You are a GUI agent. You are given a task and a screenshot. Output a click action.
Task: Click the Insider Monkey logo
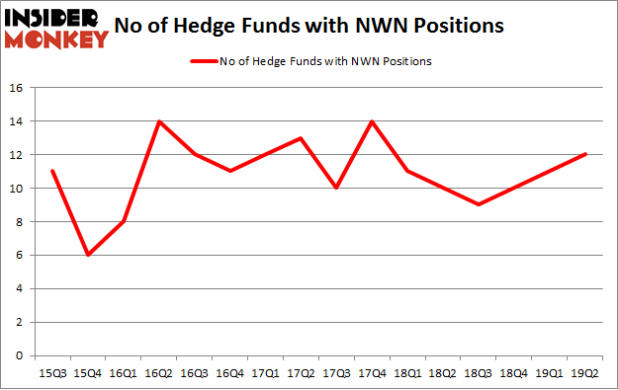57,27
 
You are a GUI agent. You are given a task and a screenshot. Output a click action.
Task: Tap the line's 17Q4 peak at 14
371,121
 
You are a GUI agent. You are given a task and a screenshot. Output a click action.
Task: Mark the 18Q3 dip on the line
479,204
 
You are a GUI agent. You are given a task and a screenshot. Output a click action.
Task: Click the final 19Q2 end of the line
585,154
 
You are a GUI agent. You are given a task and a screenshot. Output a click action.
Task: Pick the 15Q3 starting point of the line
52,171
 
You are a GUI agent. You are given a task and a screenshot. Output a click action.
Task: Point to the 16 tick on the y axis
17,88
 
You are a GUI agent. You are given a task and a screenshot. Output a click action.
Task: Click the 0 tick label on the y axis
20,355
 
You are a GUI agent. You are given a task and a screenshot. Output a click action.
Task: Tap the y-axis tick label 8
20,221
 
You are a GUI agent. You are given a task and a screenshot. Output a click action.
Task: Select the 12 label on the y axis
17,155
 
